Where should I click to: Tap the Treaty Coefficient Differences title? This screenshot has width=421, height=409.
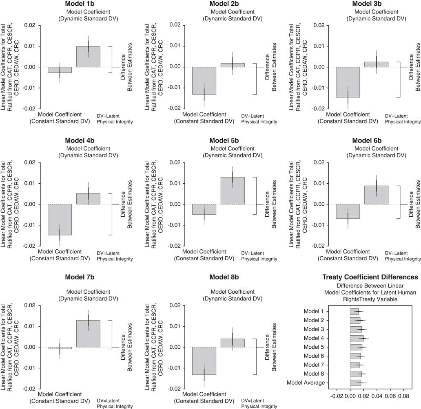coord(370,277)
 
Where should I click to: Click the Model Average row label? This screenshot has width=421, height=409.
coord(306,383)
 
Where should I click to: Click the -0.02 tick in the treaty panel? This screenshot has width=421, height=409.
coord(337,395)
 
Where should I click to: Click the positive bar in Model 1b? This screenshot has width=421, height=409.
coord(88,57)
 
